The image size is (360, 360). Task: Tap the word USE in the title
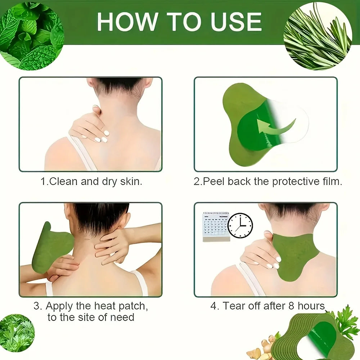click(236, 22)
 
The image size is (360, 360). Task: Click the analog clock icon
click(240, 225)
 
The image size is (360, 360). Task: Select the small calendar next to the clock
click(216, 227)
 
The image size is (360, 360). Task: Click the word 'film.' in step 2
click(332, 181)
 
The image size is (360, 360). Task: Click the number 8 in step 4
click(291, 306)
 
